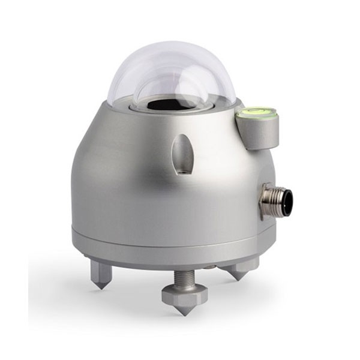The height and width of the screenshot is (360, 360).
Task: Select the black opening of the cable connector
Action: click(286, 201)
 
